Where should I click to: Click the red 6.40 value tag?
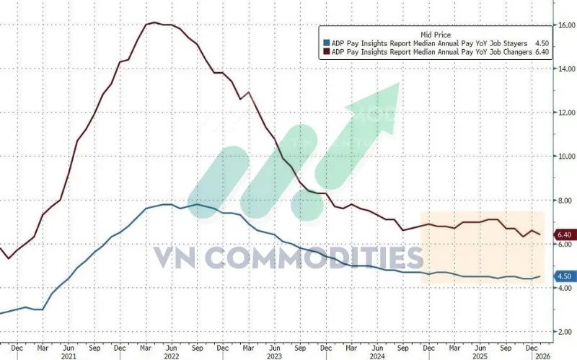point(564,235)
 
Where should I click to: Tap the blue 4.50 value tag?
point(564,276)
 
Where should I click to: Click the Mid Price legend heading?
point(435,34)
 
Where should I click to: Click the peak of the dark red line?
point(157,23)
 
